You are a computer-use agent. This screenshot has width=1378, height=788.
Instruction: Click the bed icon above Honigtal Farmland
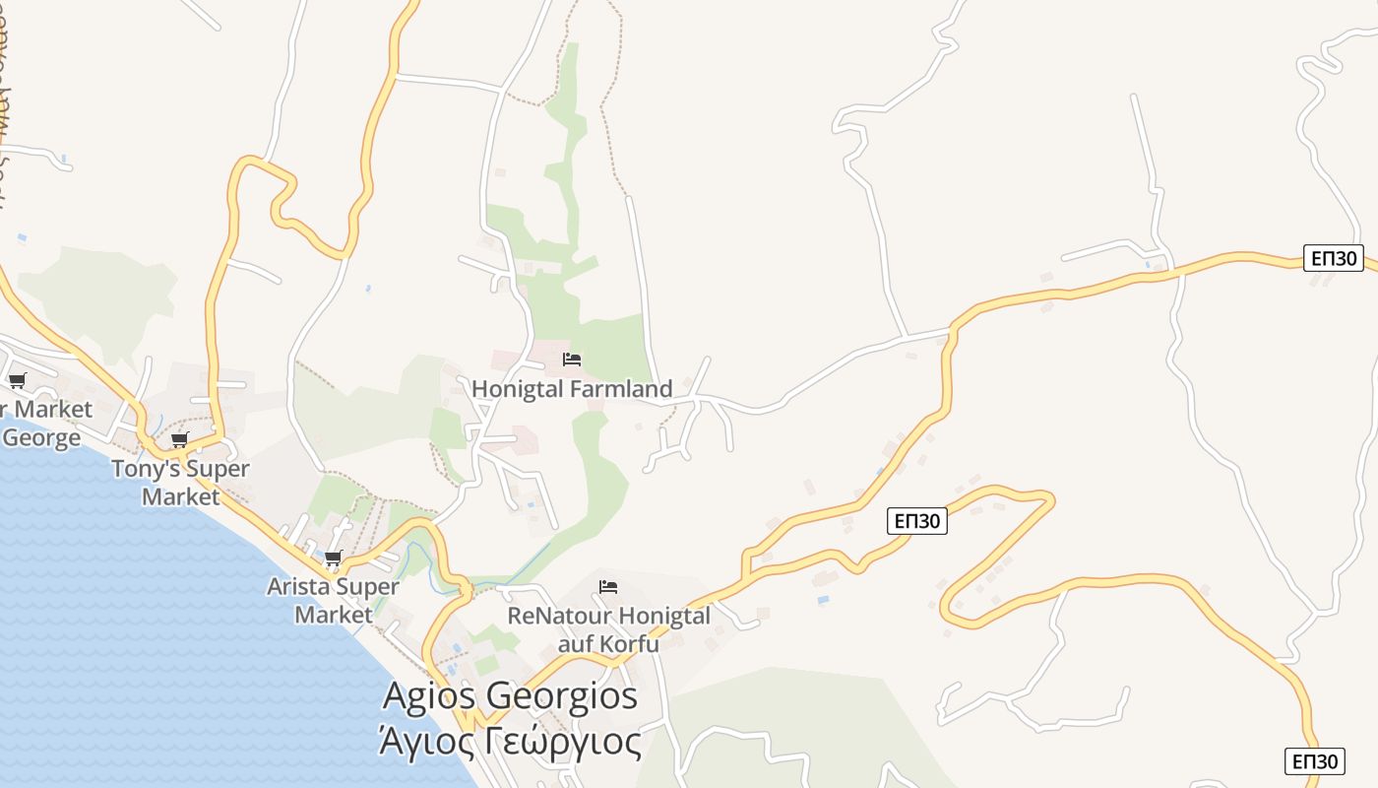click(x=572, y=360)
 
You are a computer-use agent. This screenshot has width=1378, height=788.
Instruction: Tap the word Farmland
click(x=625, y=389)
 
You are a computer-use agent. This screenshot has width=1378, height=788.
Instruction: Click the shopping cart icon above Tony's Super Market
click(x=179, y=439)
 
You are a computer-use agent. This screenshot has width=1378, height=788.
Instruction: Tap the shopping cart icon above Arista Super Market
click(x=334, y=558)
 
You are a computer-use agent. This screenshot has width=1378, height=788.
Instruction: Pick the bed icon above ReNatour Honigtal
click(x=608, y=587)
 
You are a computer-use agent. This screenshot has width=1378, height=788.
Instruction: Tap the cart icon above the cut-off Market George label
click(x=17, y=381)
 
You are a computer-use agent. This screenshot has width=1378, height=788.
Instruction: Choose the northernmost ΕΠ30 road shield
click(x=1335, y=258)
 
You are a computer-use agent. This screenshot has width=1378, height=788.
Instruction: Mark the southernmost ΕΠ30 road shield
click(x=1315, y=760)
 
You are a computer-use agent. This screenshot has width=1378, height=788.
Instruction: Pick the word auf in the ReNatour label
click(x=577, y=644)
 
